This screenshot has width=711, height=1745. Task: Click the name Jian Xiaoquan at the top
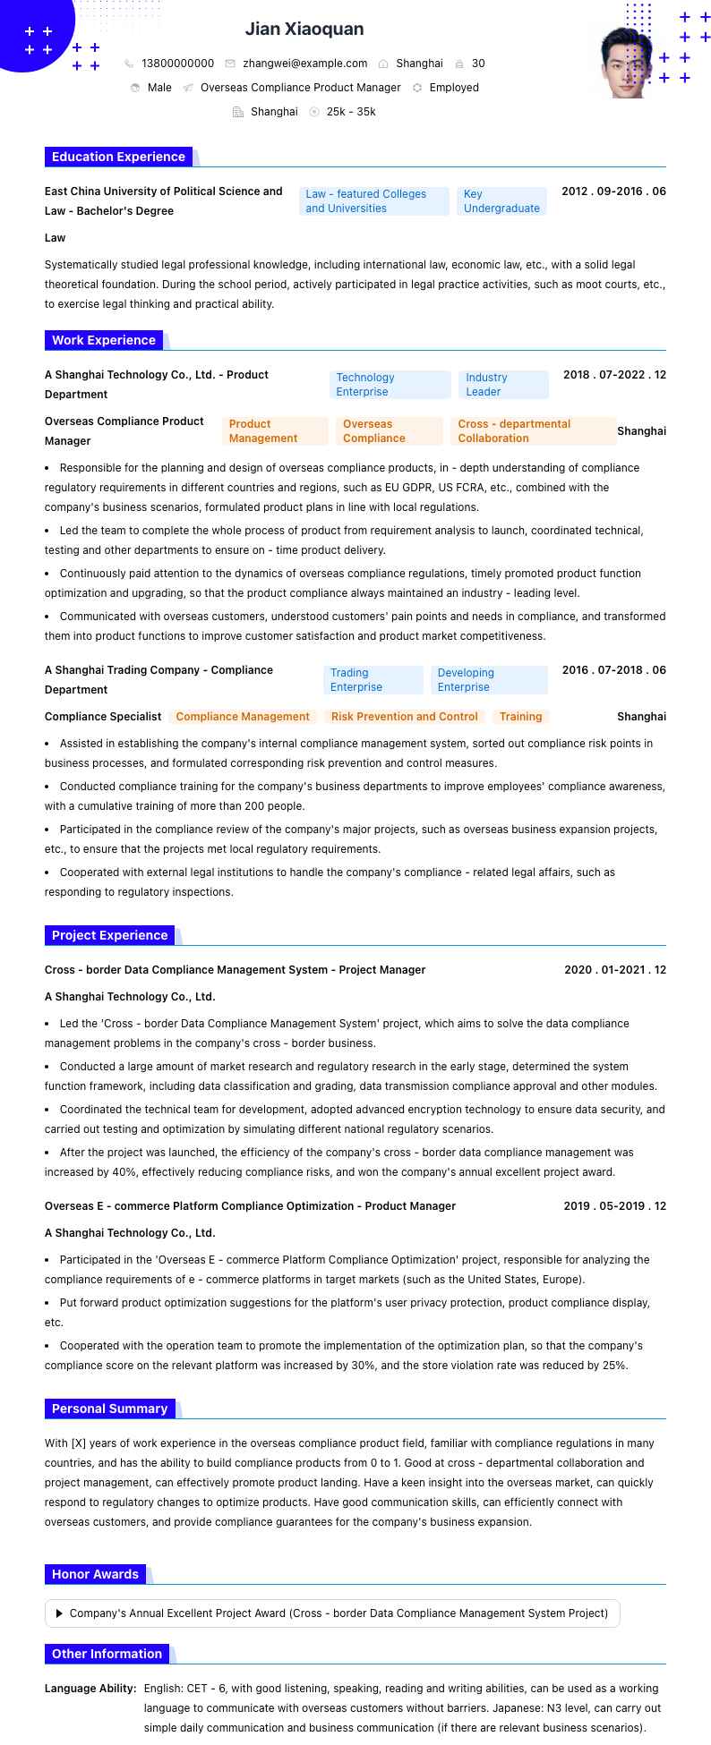[x=304, y=30]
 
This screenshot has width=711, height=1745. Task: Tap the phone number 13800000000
[x=177, y=64]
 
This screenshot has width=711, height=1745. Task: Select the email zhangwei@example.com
[x=304, y=64]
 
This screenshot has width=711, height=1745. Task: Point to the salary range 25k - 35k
[x=351, y=112]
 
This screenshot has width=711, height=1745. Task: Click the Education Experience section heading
[x=118, y=157]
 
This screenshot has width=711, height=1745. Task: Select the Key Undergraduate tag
[x=501, y=201]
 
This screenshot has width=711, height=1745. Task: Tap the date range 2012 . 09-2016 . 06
[x=613, y=192]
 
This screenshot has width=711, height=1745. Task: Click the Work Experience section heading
[x=104, y=340]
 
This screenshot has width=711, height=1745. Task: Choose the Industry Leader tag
[x=503, y=385]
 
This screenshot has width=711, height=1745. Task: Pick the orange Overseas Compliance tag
[x=389, y=431]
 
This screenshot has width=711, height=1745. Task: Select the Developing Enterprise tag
[x=488, y=680]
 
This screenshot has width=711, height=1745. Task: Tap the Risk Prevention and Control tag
[x=405, y=717]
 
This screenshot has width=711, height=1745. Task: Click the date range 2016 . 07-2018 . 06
[x=613, y=670]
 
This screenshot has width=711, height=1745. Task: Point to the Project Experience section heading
[x=109, y=935]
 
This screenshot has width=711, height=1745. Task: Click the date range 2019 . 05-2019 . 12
[x=614, y=1206]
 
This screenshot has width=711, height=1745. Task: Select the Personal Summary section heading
[x=109, y=1409]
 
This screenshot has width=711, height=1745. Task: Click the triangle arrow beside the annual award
[x=59, y=1613]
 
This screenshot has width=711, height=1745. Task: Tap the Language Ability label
[x=90, y=1689]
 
